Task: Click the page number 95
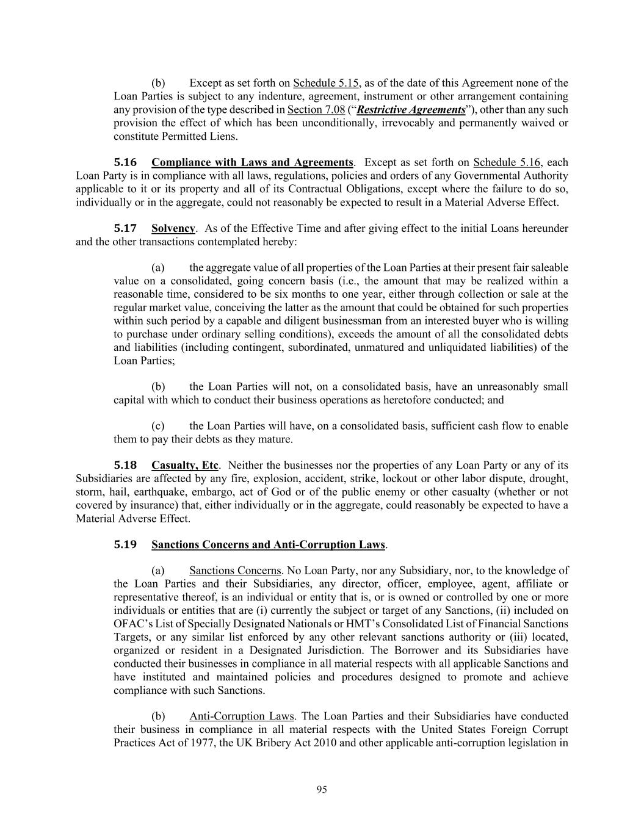coord(322,790)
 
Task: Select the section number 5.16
coord(125,162)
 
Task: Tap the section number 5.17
coord(125,228)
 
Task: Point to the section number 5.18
coord(125,465)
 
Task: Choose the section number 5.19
coord(125,544)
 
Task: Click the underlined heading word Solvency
coord(173,228)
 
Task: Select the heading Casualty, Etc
coord(185,465)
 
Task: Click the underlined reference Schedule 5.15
coord(326,83)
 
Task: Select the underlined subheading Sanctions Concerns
coord(235,571)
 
